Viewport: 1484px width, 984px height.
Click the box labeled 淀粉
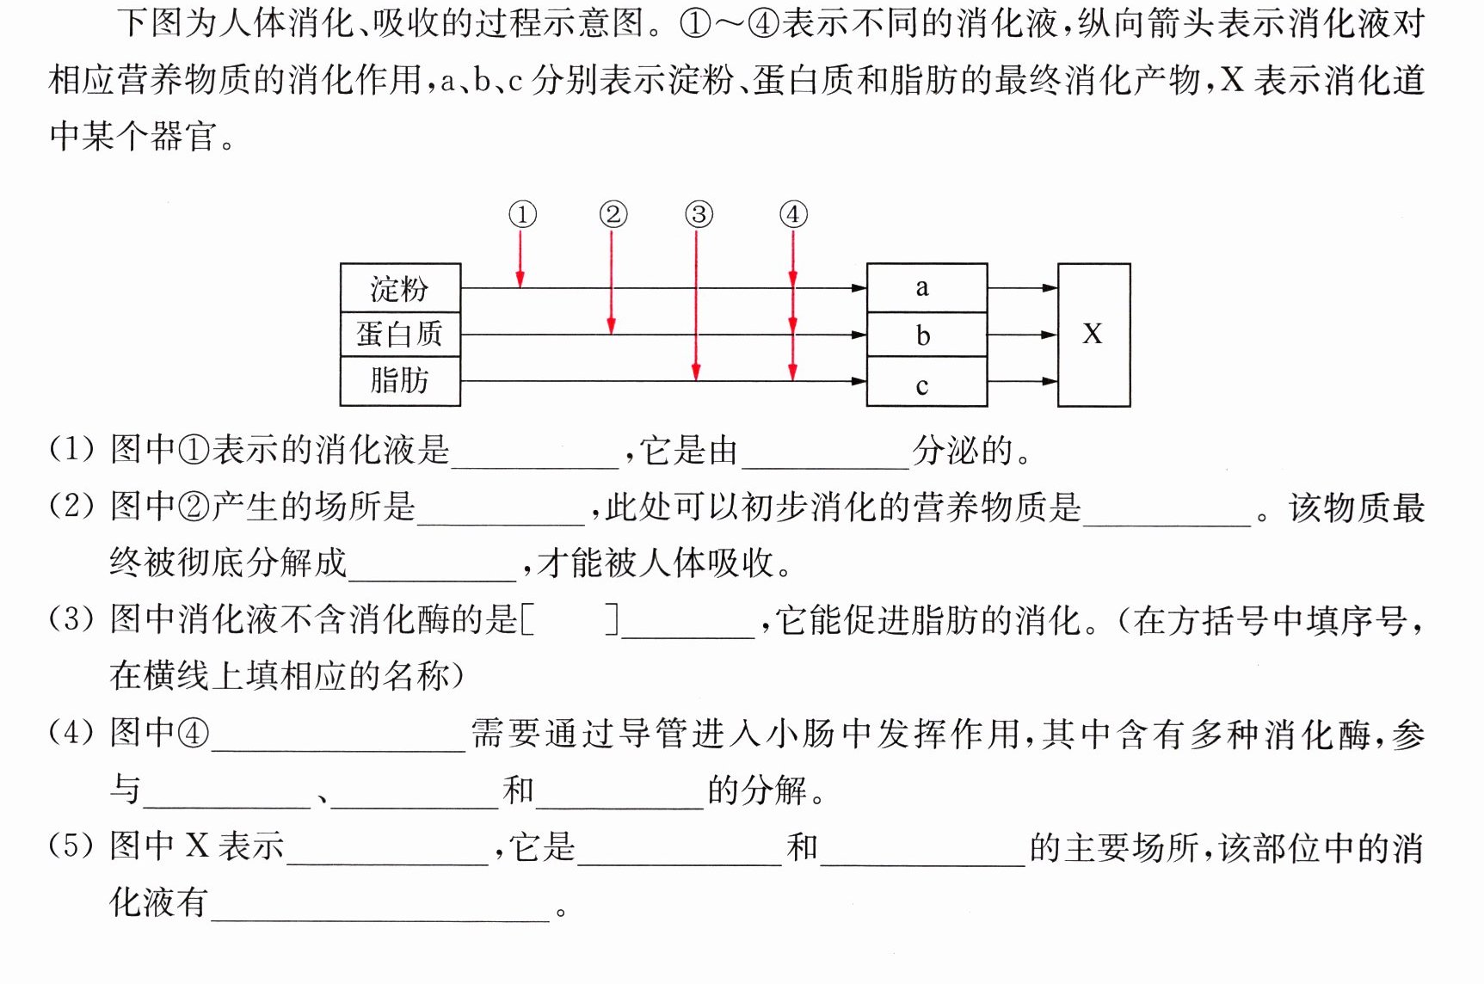click(400, 288)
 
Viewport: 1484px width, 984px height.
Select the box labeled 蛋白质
click(400, 334)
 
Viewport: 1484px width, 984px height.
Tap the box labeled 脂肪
click(400, 380)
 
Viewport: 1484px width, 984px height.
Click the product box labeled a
click(927, 288)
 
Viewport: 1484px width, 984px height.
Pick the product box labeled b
click(927, 335)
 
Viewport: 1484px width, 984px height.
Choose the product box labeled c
click(927, 382)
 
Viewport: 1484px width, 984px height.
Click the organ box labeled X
click(1093, 335)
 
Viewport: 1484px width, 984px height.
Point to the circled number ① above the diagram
click(522, 214)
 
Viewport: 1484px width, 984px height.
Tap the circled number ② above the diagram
click(613, 214)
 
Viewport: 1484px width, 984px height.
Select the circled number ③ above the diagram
click(699, 214)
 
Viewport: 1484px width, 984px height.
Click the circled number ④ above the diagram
click(793, 214)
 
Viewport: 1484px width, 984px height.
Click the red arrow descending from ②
click(612, 282)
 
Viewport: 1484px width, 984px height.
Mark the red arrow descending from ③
click(696, 305)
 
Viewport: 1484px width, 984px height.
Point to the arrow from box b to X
click(1022, 335)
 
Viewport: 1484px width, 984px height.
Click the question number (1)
click(71, 449)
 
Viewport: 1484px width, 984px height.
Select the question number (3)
click(71, 619)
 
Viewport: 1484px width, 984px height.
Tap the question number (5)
click(71, 846)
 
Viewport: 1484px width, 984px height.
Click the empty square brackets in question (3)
click(570, 619)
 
